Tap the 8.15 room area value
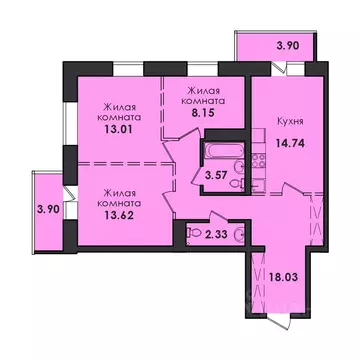click(202, 113)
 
